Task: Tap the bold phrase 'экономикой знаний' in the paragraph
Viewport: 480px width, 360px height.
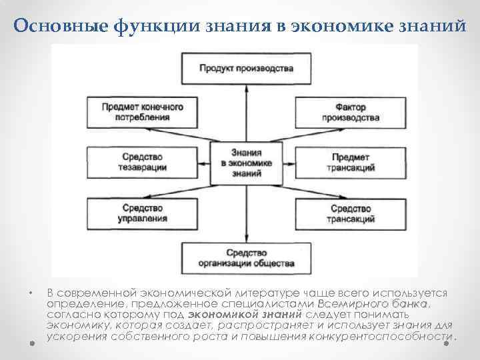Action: [x=245, y=315]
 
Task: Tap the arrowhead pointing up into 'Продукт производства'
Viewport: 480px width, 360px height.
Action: [x=247, y=87]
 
